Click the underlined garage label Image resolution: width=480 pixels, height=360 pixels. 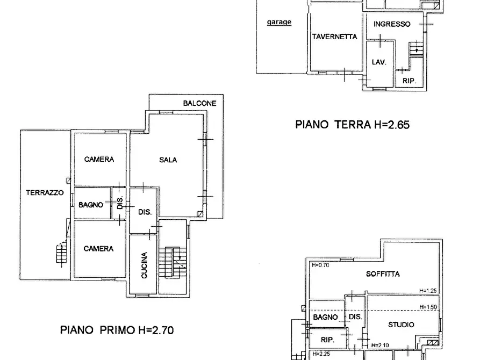[279, 22]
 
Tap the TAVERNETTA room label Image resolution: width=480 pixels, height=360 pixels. [334, 37]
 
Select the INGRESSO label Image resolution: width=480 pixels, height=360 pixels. [392, 24]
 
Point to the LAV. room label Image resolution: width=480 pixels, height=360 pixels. [379, 62]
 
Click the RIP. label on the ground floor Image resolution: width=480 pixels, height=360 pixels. [410, 81]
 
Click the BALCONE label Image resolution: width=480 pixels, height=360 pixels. [199, 103]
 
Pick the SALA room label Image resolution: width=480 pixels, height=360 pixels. [168, 160]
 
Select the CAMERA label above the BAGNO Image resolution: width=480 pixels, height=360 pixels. [99, 159]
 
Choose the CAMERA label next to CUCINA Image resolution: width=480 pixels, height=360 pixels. [99, 248]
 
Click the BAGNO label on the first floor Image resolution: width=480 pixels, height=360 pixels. [91, 205]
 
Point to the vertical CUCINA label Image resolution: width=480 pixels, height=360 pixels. [145, 265]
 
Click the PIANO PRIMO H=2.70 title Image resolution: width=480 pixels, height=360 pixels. [117, 329]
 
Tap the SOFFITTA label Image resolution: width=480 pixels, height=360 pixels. [383, 273]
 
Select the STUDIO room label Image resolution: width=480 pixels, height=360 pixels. [401, 325]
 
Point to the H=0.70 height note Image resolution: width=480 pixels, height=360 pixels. [320, 265]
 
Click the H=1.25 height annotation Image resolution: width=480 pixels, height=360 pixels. [429, 291]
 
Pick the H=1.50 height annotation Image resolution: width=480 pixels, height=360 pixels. [429, 307]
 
